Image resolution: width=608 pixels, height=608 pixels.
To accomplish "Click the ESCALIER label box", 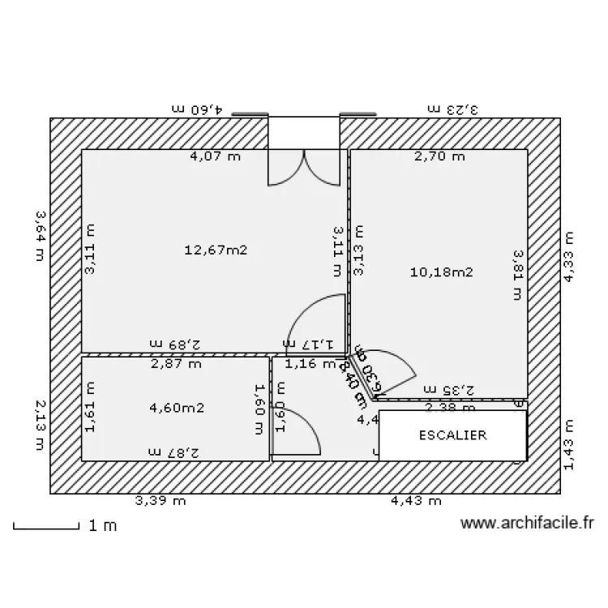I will coord(452,435).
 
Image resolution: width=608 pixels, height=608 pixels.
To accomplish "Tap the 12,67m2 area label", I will coord(215,250).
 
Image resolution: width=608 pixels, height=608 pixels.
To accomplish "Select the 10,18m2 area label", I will coord(442,272).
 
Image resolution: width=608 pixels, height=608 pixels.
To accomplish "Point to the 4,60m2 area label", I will coord(177,408).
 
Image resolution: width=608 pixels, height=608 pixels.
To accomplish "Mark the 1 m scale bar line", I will coord(46,528).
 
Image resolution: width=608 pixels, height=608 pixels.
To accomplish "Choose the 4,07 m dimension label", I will coord(215,156).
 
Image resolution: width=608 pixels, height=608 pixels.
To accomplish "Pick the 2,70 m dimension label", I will coord(439,156).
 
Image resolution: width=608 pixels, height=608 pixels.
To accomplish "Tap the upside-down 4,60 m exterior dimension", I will coord(200,108).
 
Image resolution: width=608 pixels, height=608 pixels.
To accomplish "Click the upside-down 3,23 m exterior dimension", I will coord(454,108).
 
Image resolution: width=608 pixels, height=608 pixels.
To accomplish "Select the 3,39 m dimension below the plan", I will coord(161,501).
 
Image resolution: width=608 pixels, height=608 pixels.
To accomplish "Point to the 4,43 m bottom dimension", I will coord(416,501).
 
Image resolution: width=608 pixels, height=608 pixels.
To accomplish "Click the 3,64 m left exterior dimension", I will coord(40,237).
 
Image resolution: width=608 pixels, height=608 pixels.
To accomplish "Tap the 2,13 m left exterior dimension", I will coord(40,424).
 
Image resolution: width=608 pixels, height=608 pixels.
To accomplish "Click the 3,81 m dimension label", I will coord(517,275).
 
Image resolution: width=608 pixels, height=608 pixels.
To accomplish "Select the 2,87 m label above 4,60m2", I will coord(176,364).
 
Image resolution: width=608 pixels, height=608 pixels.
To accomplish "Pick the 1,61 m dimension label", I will coord(90,408).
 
